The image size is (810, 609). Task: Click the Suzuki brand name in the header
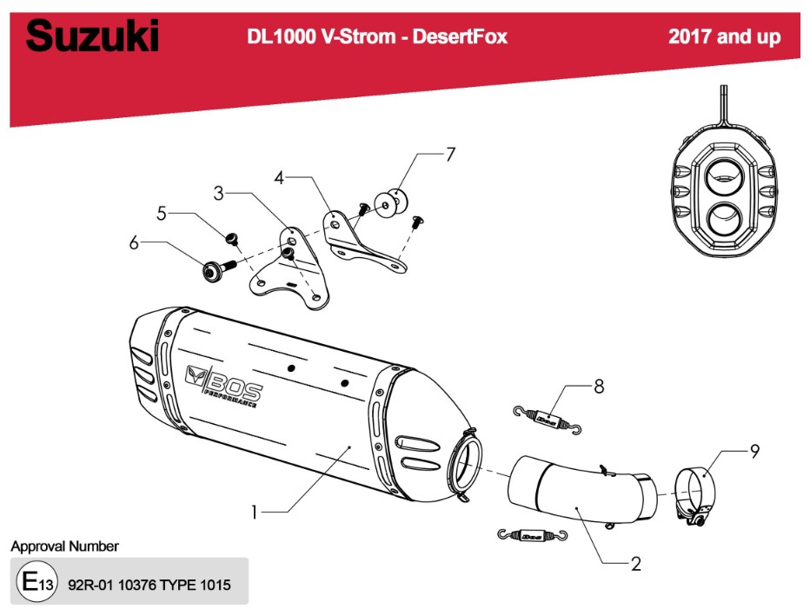[x=93, y=37]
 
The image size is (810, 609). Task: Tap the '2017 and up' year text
[x=724, y=36]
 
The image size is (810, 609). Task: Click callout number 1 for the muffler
[x=254, y=513]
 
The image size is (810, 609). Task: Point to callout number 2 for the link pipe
[x=635, y=564]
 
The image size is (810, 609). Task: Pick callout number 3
[x=220, y=193]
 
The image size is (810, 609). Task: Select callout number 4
[x=279, y=178]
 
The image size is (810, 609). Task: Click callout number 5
[x=161, y=212]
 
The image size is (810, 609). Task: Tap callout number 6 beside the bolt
[x=134, y=244]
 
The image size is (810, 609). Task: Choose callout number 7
[x=450, y=156]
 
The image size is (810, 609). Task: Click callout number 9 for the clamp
[x=754, y=451]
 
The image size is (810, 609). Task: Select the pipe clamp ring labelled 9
[x=696, y=493]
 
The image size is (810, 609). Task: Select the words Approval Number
[x=64, y=546]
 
